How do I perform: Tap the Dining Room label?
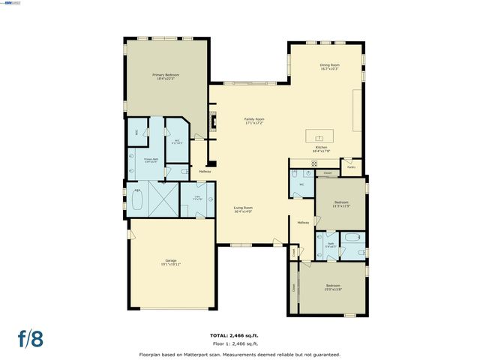tap(330, 67)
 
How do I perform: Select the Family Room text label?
tap(254, 120)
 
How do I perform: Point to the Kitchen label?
tap(321, 149)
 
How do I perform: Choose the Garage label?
tap(171, 262)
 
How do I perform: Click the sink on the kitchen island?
tap(319, 138)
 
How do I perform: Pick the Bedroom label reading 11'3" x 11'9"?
tap(340, 203)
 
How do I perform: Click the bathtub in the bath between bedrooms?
tap(352, 242)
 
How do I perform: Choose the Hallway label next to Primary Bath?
tap(204, 171)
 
